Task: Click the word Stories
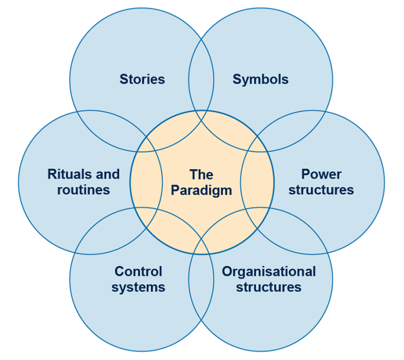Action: pos(142,79)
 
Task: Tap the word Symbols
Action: pos(260,79)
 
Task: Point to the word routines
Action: pos(84,189)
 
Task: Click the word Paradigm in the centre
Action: pos(201,190)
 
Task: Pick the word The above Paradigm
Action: pos(201,174)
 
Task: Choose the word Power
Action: pos(321,174)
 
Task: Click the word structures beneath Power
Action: pos(321,189)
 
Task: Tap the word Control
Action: pos(138,272)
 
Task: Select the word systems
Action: pos(138,287)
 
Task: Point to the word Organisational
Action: pos(269,272)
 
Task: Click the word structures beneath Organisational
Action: pos(269,287)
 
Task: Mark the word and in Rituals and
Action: pos(108,174)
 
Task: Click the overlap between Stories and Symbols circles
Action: pos(201,79)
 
